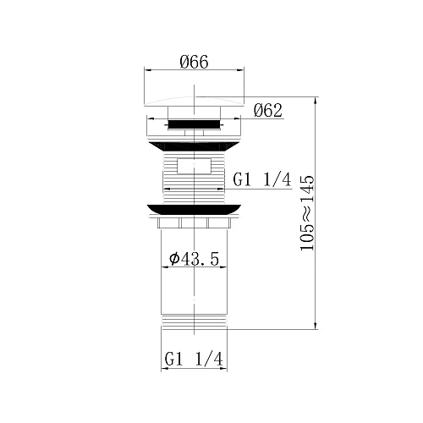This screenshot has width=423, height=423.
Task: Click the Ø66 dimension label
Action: point(195,62)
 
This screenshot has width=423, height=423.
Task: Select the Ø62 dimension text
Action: point(267,111)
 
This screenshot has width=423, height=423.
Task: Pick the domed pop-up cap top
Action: point(195,101)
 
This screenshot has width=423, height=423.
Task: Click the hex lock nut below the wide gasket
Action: point(195,223)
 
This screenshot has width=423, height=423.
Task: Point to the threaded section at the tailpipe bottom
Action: point(195,322)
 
